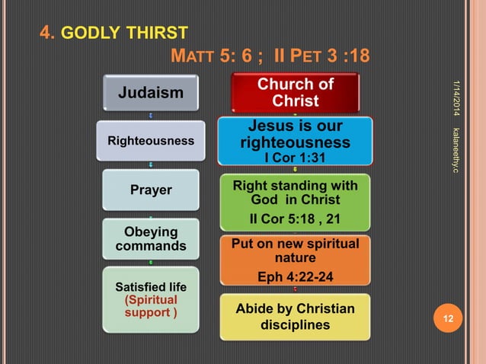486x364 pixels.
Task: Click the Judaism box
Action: [149, 93]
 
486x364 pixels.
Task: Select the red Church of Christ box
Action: [295, 92]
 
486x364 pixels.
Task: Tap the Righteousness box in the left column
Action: [150, 141]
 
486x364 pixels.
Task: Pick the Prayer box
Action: [150, 190]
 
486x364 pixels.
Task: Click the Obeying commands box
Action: [150, 239]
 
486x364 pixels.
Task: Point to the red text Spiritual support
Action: [150, 306]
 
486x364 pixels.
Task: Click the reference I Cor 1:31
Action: [295, 158]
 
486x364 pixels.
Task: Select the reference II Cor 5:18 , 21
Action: [295, 220]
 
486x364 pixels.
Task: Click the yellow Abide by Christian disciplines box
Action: [295, 317]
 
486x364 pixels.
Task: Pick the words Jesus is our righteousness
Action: [295, 135]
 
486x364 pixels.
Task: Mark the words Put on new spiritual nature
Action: [295, 251]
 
